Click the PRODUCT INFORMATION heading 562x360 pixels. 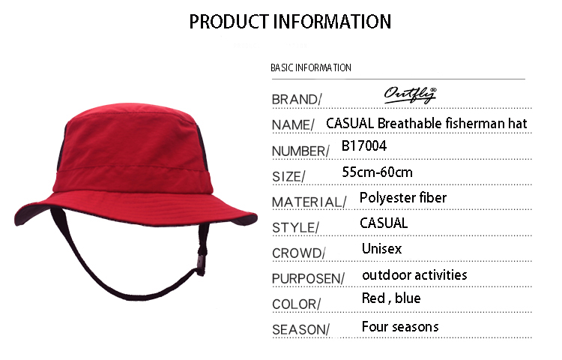pos(290,22)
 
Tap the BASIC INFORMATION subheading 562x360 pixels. pos(311,67)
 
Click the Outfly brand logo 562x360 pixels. pos(411,95)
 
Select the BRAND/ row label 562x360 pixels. pos(297,99)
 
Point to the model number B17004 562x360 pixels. pos(364,146)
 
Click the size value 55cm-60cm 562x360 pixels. pos(378,172)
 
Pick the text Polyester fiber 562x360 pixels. pos(403,198)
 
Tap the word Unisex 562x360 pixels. pos(381,249)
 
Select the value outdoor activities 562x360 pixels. pos(414,275)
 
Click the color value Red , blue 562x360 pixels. pos(391,298)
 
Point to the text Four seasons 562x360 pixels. pos(400,327)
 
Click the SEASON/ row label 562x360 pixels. pos(300,329)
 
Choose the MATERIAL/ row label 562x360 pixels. pos(309,202)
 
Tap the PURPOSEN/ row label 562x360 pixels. pos(308,278)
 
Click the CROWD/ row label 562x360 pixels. pos(298,253)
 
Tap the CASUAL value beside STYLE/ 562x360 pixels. pos(384,223)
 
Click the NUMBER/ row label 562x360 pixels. pos(300,151)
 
